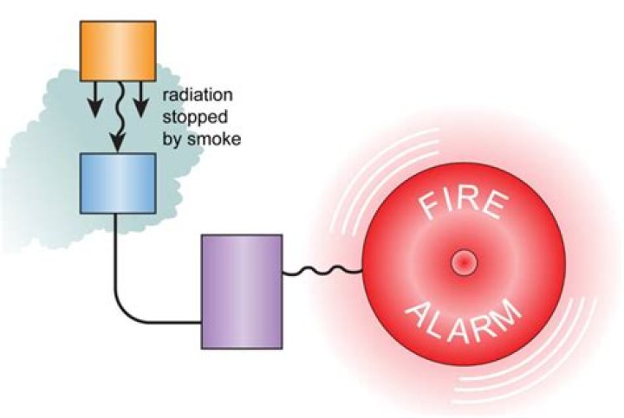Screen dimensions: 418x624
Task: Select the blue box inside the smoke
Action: pos(118,182)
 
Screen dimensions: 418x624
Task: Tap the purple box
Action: pos(241,289)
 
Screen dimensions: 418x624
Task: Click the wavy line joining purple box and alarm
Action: pos(322,273)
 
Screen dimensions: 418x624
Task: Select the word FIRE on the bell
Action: pos(462,207)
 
